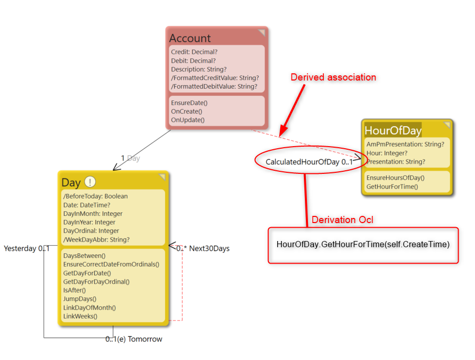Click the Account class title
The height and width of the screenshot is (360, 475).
pyautogui.click(x=190, y=38)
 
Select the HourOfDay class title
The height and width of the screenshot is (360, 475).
pyautogui.click(x=393, y=130)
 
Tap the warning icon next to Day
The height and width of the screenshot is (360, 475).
pyautogui.click(x=90, y=182)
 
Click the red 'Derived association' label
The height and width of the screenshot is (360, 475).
pyautogui.click(x=333, y=77)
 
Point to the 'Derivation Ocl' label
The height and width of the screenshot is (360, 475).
pyautogui.click(x=342, y=219)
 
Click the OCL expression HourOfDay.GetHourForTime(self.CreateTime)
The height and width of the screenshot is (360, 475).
pyautogui.click(x=363, y=244)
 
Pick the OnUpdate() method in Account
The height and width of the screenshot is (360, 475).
pyautogui.click(x=188, y=120)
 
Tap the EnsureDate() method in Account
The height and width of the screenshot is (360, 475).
pyautogui.click(x=189, y=103)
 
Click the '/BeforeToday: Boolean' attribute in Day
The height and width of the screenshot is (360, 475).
pyautogui.click(x=95, y=196)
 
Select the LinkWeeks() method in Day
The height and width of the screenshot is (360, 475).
pyautogui.click(x=80, y=316)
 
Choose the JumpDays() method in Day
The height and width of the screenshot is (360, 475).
pyautogui.click(x=79, y=298)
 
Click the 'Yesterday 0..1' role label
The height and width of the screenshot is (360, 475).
pyautogui.click(x=27, y=248)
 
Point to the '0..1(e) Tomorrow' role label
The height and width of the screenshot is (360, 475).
pyautogui.click(x=134, y=339)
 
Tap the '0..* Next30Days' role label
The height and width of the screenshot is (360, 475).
pyautogui.click(x=203, y=248)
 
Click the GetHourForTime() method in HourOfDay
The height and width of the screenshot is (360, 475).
pyautogui.click(x=392, y=186)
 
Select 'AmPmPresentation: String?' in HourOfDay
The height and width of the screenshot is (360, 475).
pyautogui.click(x=405, y=144)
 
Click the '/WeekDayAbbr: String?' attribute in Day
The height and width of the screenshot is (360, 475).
pyautogui.click(x=96, y=239)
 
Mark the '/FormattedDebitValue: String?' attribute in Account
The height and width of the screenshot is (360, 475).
pyautogui.click(x=214, y=86)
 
